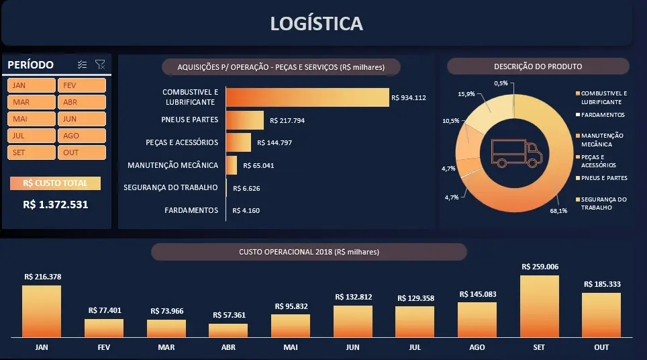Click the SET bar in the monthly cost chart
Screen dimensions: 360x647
(x=540, y=306)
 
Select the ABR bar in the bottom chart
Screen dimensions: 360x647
(x=228, y=330)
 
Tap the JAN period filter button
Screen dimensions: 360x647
(x=32, y=85)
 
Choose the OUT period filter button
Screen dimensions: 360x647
(x=81, y=152)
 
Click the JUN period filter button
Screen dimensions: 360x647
(x=81, y=119)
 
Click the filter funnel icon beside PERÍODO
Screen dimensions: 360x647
(x=100, y=64)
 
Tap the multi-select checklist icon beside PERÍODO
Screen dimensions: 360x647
(x=83, y=64)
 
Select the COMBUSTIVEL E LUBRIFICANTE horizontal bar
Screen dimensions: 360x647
(x=307, y=97)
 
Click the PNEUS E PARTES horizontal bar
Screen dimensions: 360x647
(x=245, y=121)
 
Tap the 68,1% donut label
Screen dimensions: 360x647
(x=558, y=210)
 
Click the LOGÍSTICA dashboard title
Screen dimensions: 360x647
(x=317, y=24)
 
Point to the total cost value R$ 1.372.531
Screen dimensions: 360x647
(x=56, y=205)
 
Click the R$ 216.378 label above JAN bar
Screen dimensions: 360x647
(x=42, y=277)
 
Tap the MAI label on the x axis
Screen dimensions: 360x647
(x=291, y=347)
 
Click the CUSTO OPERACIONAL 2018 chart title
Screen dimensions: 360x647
(x=309, y=252)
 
